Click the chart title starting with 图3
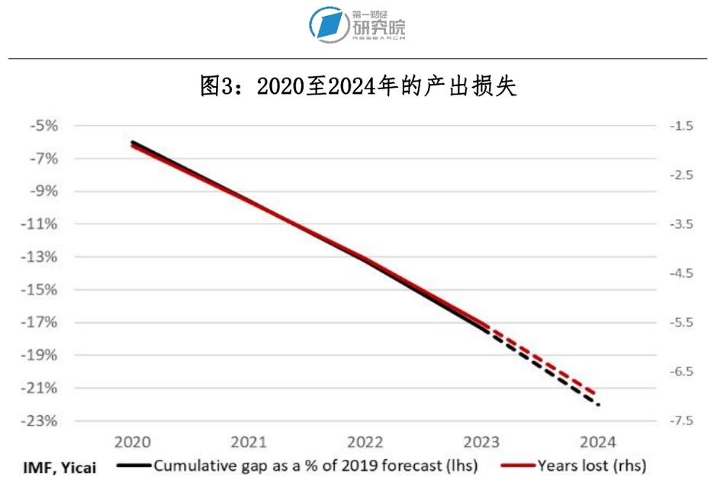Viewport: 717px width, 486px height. [358, 86]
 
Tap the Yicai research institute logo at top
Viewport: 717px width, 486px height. [358, 25]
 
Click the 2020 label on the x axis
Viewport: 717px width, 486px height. [133, 443]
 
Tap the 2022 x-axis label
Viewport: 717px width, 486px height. [365, 443]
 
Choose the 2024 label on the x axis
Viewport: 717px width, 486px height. [597, 443]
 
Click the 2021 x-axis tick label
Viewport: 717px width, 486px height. [249, 443]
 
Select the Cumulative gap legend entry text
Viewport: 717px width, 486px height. [315, 465]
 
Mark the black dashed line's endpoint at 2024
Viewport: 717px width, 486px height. [599, 404]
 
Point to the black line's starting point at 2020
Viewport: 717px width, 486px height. [133, 142]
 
